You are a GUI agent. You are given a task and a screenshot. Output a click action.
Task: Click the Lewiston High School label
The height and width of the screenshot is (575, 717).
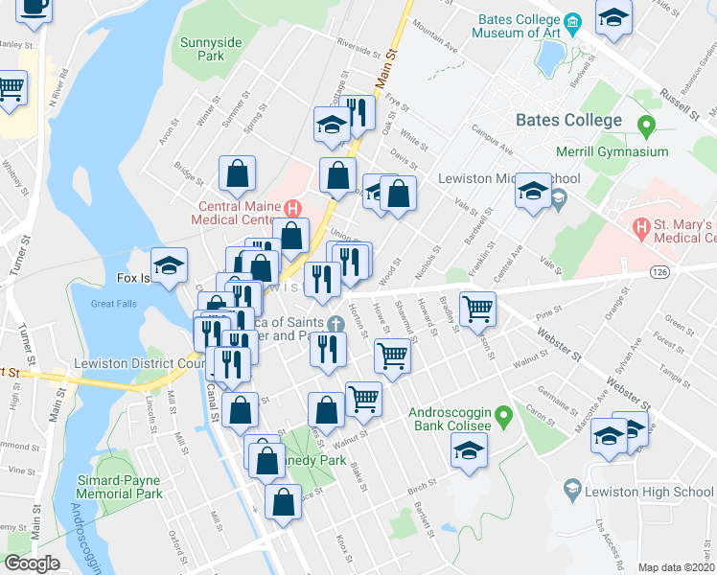pyautogui.click(x=652, y=493)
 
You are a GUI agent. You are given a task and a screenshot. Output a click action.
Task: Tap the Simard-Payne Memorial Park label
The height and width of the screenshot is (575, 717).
pyautogui.click(x=120, y=486)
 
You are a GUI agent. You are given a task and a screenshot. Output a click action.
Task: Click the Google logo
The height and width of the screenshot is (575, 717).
pyautogui.click(x=32, y=563)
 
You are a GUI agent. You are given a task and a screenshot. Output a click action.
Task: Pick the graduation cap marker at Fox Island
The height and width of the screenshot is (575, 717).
pyautogui.click(x=169, y=267)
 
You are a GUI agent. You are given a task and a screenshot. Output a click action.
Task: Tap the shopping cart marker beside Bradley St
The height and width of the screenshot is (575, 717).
pyautogui.click(x=477, y=309)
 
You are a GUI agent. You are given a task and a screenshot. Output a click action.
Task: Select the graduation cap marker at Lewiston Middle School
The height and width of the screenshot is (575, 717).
pyautogui.click(x=533, y=191)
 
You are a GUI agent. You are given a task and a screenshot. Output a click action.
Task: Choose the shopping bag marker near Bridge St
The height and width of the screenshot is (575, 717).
pyautogui.click(x=237, y=173)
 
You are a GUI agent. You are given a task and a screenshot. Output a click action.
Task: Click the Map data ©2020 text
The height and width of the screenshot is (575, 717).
pyautogui.click(x=676, y=567)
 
